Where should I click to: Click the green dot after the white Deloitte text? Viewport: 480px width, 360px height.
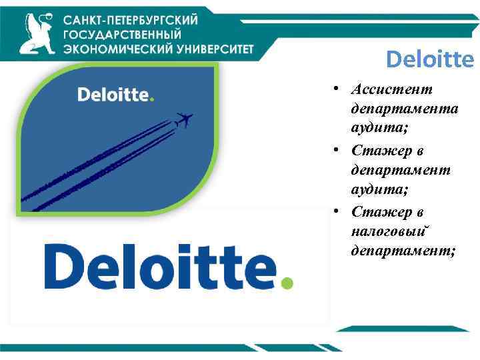click(152, 100)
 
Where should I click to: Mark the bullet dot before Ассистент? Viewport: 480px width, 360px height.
click(340, 89)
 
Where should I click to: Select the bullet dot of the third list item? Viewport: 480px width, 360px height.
click(340, 212)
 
